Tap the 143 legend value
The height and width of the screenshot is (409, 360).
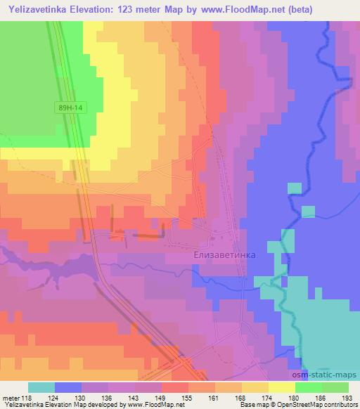click(x=137, y=398)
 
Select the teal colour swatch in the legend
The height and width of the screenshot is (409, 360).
click(x=41, y=387)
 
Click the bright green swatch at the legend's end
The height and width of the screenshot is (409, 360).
click(x=335, y=387)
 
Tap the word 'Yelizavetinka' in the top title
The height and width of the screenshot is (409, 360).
click(x=39, y=9)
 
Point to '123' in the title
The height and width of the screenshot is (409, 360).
click(x=131, y=9)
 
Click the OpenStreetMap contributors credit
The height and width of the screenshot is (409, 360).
click(x=324, y=405)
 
